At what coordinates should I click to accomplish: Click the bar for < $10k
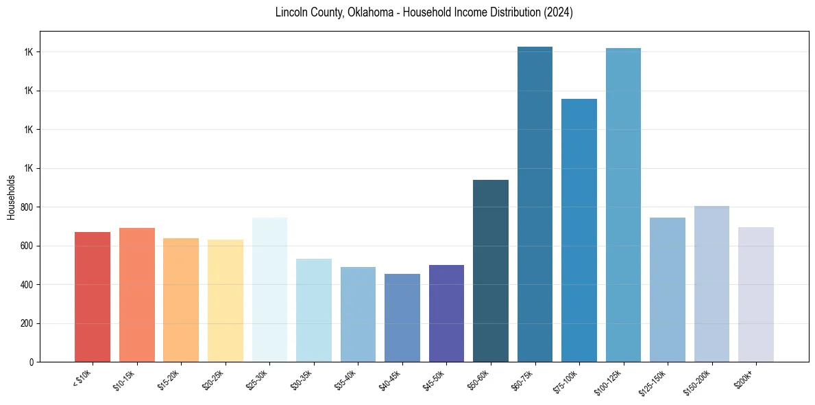coord(93,297)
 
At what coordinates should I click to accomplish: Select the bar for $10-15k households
coord(136,294)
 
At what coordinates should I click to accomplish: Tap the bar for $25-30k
coord(269,289)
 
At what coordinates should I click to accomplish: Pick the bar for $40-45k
coord(402,317)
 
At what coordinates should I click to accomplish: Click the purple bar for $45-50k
coord(446,313)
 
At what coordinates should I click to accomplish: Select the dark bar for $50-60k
coord(491,270)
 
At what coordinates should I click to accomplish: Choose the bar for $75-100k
coord(579,230)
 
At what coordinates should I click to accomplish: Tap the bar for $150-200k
coord(711,283)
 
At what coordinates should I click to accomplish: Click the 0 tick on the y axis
coord(32,362)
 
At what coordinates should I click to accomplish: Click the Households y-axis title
coord(11,197)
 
